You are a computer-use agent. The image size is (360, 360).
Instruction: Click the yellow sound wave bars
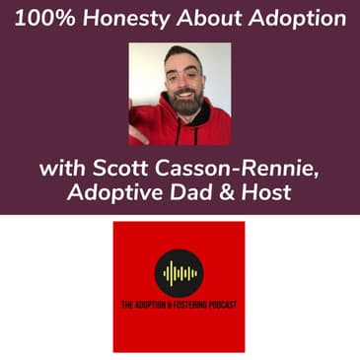[180, 273]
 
